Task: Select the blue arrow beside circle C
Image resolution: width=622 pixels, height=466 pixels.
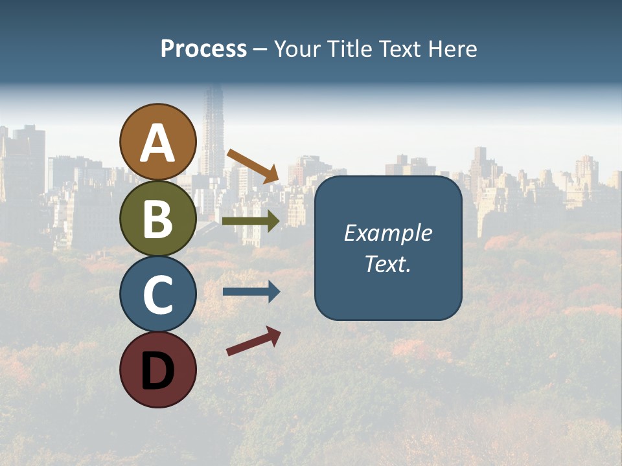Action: point(251,292)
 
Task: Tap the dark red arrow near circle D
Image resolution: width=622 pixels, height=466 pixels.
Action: point(253,341)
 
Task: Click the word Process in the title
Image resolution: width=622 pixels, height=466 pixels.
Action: point(203,49)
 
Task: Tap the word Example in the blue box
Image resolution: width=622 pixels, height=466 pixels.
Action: point(387,233)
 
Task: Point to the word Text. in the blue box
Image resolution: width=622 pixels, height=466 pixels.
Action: point(387,263)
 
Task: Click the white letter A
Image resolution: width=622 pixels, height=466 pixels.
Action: point(157,143)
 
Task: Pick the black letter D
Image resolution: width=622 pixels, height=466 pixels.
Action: point(157,371)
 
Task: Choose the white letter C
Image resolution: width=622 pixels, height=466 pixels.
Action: point(157,295)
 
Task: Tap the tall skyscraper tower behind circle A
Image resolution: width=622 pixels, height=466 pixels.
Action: point(212,129)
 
